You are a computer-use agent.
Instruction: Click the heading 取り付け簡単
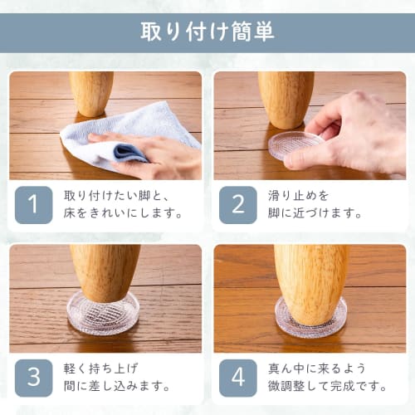[207, 32]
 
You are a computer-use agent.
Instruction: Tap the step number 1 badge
[33, 205]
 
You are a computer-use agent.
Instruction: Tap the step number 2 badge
[237, 205]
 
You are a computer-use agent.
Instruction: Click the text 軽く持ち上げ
[101, 369]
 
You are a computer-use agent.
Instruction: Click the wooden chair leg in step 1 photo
[90, 91]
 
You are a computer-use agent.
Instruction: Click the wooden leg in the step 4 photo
[310, 282]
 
